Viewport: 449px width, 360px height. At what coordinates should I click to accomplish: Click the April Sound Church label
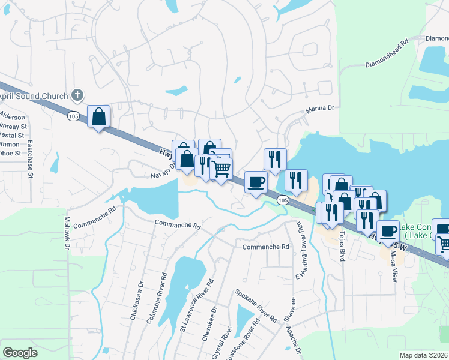[x=34, y=95]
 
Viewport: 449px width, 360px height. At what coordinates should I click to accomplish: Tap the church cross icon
[x=77, y=95]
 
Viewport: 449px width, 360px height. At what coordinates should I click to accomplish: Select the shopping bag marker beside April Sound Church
[x=98, y=116]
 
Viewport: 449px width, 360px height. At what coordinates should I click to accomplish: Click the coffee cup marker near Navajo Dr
[x=256, y=182]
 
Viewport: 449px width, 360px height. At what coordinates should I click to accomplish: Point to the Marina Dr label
[x=319, y=109]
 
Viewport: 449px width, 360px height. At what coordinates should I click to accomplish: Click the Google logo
[x=20, y=353]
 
